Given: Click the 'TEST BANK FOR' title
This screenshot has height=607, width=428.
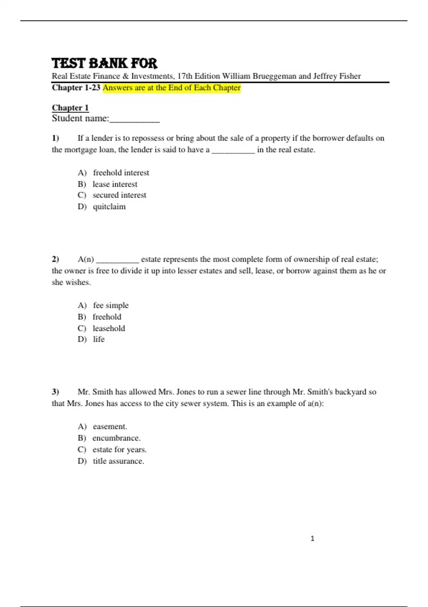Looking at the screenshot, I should coord(104,63).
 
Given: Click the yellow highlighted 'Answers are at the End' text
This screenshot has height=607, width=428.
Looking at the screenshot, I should coord(172,88).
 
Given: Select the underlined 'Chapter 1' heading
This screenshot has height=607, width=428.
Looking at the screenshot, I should coord(70,108).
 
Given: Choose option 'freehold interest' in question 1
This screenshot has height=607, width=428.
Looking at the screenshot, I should coord(121,173).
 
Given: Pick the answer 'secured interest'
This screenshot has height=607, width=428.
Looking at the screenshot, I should coord(119,195).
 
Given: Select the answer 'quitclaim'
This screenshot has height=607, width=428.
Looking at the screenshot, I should coord(109,207).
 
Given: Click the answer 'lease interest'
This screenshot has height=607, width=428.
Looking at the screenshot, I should coord(115,184).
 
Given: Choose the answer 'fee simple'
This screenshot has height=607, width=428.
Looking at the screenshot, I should coord(111,306).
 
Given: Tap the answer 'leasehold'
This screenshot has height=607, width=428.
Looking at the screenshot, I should coord(109,328).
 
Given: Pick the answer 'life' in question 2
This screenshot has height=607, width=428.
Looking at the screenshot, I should coord(99,339).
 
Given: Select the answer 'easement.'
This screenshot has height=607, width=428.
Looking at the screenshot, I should coord(110,427).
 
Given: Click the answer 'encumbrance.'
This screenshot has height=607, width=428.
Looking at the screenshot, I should coord(116,438).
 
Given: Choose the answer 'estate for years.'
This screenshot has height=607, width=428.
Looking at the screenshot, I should coord(119,450).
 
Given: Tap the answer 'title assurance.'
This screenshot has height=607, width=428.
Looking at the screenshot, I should coord(118,461).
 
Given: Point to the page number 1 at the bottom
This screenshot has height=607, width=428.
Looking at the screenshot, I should coord(312,538).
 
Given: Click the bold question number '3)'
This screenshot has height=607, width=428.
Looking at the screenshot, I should coord(55,392).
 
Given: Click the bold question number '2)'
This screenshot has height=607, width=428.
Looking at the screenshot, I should coord(55,259).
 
